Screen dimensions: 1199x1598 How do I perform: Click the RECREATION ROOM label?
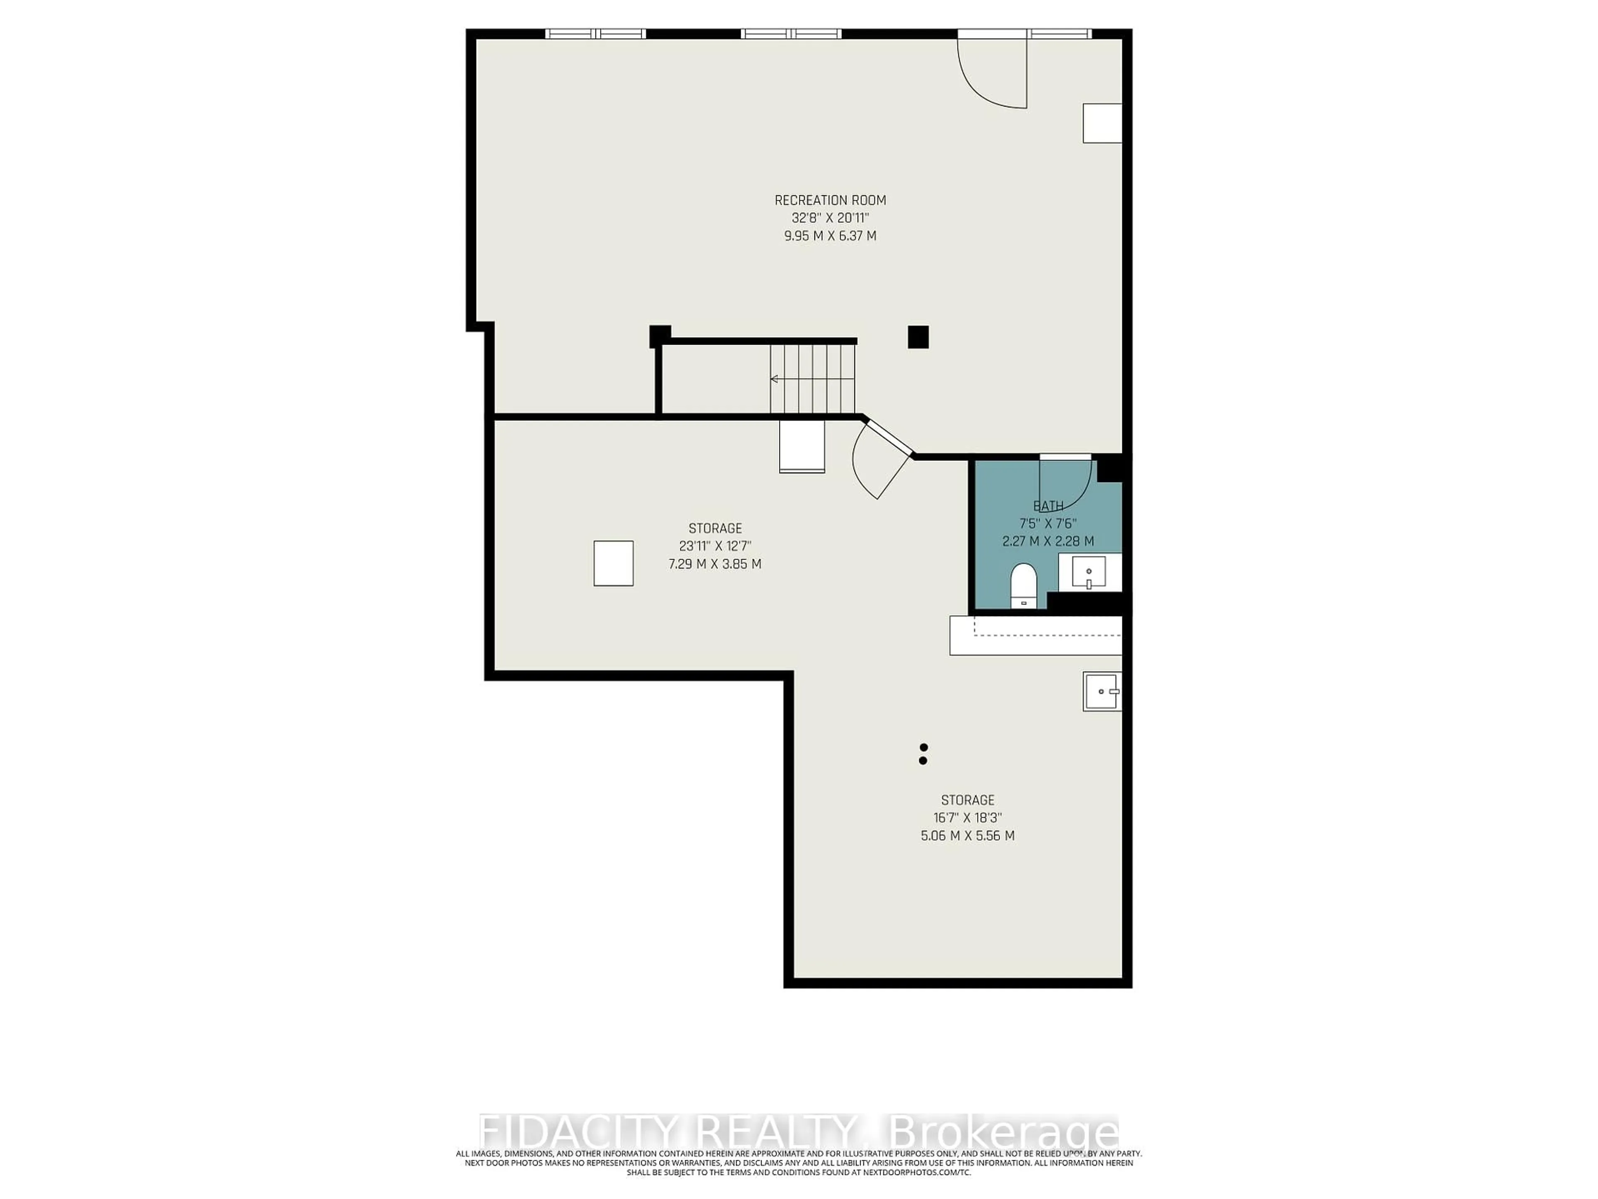click(830, 200)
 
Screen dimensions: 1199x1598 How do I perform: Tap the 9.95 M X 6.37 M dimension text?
click(830, 236)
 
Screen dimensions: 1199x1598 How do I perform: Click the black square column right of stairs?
click(918, 337)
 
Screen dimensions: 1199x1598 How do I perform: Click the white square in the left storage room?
click(613, 563)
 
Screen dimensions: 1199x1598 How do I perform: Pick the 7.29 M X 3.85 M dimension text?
click(715, 564)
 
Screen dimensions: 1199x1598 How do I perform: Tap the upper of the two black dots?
click(923, 747)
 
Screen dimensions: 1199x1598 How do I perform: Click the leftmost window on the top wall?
click(595, 33)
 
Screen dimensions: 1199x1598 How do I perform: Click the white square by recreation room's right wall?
click(1102, 123)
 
